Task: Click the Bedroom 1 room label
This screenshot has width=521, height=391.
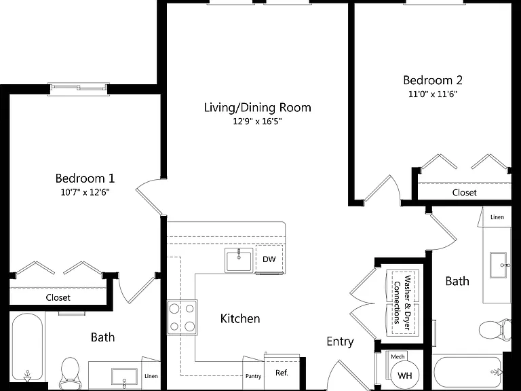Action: tap(85, 179)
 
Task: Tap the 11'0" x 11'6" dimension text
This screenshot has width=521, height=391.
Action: tap(433, 94)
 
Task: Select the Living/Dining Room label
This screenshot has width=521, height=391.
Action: tap(258, 108)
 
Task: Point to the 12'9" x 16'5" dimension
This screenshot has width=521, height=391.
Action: tap(257, 122)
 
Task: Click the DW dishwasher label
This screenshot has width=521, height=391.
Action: tap(269, 259)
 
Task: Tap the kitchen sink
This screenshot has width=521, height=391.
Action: tap(239, 261)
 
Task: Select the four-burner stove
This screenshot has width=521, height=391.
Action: tap(182, 318)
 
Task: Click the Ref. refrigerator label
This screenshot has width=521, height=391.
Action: tap(282, 373)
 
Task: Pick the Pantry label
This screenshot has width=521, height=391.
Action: tap(253, 376)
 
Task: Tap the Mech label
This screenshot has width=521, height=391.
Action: tap(398, 357)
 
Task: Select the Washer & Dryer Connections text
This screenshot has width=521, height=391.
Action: tap(402, 303)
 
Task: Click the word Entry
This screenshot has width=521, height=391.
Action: tap(340, 341)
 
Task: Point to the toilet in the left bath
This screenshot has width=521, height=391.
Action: tap(70, 373)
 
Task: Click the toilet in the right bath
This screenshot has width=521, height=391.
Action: tap(495, 329)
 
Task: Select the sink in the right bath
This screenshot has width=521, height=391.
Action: tap(499, 265)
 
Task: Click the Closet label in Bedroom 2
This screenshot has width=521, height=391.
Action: tap(464, 193)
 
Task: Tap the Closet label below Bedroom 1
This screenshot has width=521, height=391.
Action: tap(58, 297)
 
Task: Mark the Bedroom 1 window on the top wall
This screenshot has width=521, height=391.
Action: tap(79, 88)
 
